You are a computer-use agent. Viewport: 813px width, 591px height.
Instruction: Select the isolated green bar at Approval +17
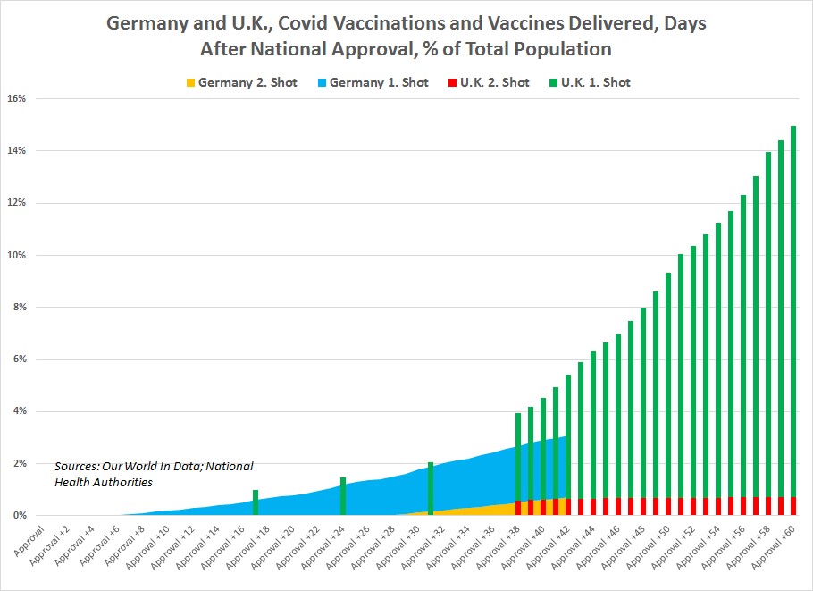(256, 502)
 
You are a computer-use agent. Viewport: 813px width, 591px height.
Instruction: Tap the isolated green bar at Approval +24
(343, 496)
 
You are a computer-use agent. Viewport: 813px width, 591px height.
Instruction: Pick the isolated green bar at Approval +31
(431, 488)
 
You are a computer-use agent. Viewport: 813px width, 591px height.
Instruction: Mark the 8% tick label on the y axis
(19, 308)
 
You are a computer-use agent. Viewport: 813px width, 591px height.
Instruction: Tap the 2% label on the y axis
(19, 464)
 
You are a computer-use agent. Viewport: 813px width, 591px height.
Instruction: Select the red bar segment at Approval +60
(793, 506)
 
